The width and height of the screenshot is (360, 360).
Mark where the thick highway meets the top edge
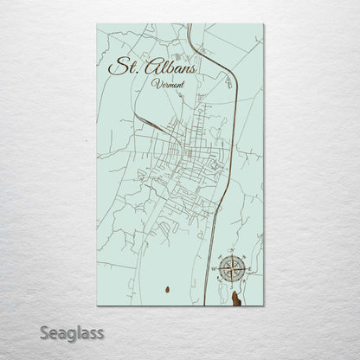click(189, 27)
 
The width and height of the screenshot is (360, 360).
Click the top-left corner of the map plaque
click(98, 27)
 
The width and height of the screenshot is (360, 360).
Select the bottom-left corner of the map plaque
click(98, 309)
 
